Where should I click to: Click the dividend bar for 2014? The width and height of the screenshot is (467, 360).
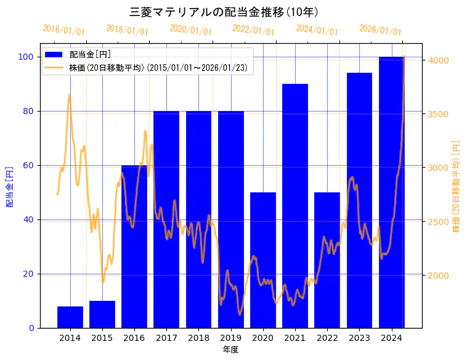(70, 317)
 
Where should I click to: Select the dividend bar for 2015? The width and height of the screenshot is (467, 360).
(102, 314)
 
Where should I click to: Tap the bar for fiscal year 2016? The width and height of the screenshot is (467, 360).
(134, 247)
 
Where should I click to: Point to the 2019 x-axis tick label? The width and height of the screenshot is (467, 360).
(230, 337)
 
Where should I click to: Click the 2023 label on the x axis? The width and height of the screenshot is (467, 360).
(359, 337)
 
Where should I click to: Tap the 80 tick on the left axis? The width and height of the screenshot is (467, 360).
(28, 111)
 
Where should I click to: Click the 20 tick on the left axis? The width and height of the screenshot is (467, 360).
(28, 274)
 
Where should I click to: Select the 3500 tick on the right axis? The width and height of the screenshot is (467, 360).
(438, 114)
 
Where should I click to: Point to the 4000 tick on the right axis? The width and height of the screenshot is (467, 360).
(438, 60)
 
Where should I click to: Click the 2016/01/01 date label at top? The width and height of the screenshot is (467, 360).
(64, 30)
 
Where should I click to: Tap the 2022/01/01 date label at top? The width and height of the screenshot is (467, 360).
(254, 30)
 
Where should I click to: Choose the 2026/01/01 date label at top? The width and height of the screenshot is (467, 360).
(380, 30)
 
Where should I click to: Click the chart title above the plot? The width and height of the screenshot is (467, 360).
(224, 12)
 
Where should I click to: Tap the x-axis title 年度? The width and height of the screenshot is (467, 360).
(230, 350)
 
